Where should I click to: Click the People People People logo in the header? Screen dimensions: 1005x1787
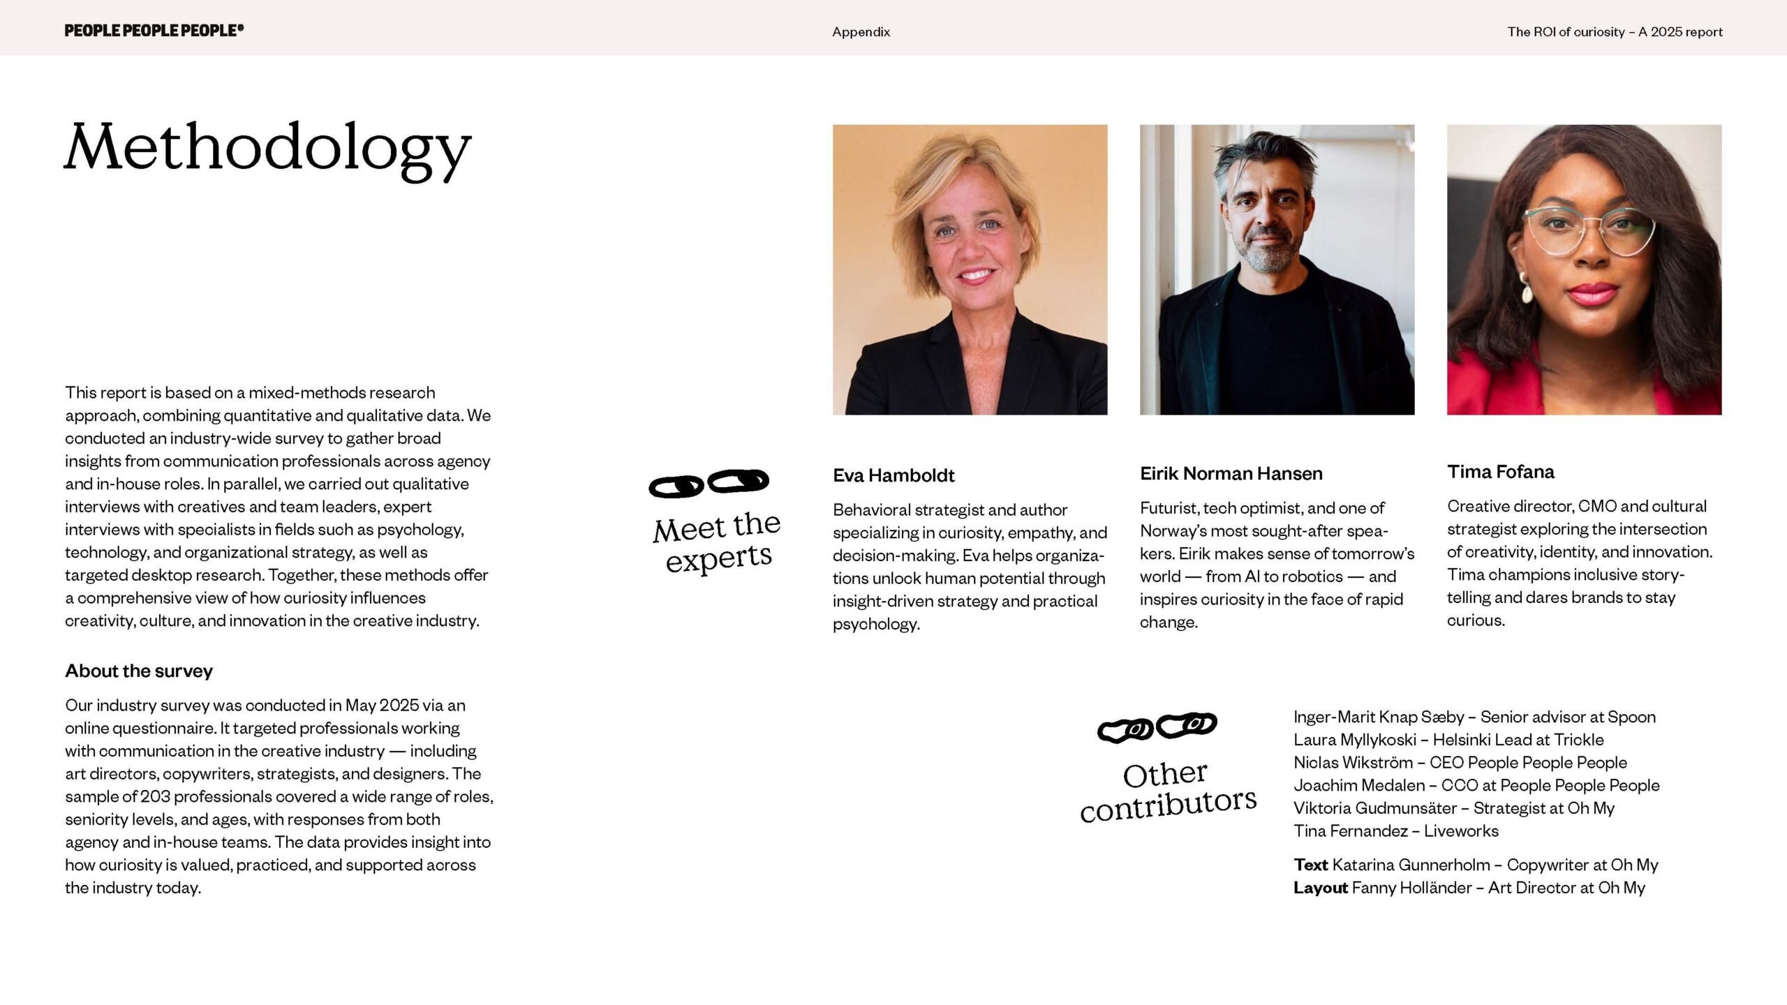(x=154, y=30)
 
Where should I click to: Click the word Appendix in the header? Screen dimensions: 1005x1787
(x=861, y=32)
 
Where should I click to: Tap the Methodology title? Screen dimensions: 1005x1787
(x=268, y=149)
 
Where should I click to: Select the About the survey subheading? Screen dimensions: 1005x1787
(x=139, y=671)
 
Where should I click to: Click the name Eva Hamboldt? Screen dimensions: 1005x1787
(x=893, y=475)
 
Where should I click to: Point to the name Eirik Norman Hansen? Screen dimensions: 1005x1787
(x=1231, y=474)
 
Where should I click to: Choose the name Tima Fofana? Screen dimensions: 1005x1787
(x=1500, y=472)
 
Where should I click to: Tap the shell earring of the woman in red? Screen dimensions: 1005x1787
(x=1527, y=288)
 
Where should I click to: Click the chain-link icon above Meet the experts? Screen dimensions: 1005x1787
(x=709, y=483)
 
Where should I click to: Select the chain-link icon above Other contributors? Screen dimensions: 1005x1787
(x=1157, y=727)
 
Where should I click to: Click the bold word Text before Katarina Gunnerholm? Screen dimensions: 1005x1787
(x=1310, y=865)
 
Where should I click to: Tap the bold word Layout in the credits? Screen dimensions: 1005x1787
(x=1320, y=888)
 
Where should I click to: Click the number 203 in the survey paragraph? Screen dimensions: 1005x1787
(x=155, y=796)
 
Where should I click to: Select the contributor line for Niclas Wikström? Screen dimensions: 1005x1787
(x=1460, y=763)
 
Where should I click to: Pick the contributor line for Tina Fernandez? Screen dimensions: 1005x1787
(x=1395, y=831)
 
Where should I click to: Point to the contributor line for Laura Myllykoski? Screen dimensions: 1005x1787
(x=1448, y=740)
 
